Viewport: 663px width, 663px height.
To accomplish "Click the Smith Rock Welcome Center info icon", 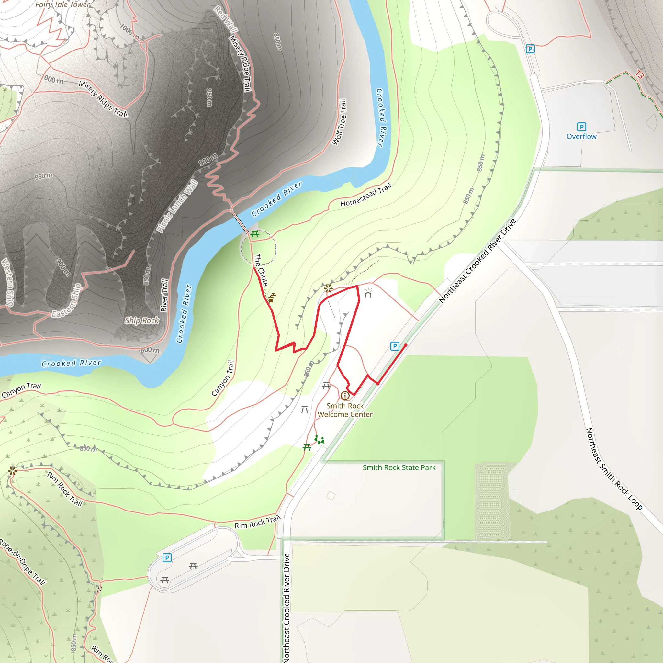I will pos(345,396).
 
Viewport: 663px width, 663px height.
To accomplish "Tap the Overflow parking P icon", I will pos(581,127).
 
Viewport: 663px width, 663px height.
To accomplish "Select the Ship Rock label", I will pos(142,320).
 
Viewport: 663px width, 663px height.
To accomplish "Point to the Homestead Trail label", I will pos(365,195).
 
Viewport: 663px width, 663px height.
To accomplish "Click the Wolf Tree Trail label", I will pos(339,122).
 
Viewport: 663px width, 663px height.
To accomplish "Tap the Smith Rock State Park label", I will pos(399,467).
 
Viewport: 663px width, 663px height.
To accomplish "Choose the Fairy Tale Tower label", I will pos(62,5).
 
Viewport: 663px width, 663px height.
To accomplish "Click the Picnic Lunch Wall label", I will pos(177,206).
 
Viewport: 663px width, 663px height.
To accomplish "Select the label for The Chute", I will pos(261,270).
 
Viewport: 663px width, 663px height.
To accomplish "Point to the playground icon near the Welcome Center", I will pos(319,440).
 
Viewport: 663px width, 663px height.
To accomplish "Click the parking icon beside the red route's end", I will pos(395,346).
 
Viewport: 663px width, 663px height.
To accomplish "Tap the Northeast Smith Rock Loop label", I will pos(613,469).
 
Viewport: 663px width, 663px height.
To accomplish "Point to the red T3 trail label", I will pos(639,74).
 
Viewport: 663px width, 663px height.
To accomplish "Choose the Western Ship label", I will pos(7,282).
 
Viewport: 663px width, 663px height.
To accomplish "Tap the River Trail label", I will pos(164,295).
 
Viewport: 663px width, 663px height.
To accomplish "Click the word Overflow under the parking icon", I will pos(581,137).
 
